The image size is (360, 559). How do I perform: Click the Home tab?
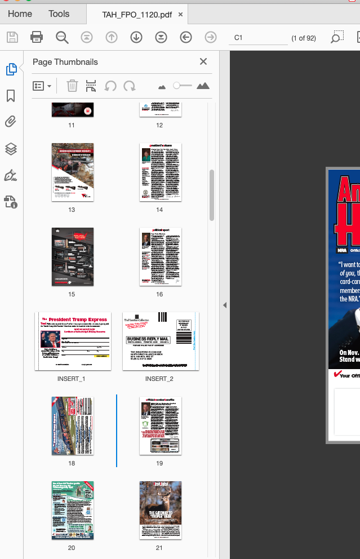click(20, 14)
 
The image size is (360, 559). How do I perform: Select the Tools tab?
click(59, 14)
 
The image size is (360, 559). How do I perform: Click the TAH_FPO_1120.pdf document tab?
click(137, 14)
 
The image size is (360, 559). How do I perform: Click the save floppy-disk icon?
click(12, 37)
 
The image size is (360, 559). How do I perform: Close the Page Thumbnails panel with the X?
click(203, 62)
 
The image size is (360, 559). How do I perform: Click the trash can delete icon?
click(72, 86)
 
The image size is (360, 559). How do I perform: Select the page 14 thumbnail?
click(161, 172)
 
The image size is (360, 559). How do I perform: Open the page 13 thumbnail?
click(73, 172)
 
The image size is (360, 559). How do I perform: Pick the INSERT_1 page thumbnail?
click(73, 341)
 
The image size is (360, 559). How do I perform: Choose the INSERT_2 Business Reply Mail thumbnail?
click(161, 341)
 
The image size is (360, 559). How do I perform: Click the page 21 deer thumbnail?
click(161, 510)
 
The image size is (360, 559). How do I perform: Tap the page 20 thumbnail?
click(73, 510)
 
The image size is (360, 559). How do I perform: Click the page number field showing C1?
click(259, 38)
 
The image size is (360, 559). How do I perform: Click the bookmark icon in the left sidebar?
click(11, 96)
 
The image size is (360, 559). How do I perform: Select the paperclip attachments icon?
click(11, 122)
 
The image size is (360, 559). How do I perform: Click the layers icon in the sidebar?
click(11, 149)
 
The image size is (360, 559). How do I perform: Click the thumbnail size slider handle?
click(177, 86)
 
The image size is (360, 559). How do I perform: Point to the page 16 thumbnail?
click(161, 256)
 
